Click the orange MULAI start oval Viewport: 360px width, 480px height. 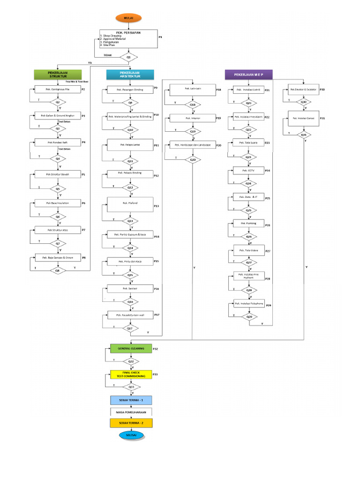tap(128, 18)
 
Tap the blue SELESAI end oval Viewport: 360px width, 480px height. tap(131, 435)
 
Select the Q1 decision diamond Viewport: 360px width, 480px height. tap(129, 57)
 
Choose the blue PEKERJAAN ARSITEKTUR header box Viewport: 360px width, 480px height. tap(130, 75)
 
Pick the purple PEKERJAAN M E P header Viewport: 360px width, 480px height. tap(248, 74)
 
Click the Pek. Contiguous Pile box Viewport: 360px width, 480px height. tap(58, 89)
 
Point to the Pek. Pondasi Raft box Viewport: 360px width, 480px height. tap(58, 142)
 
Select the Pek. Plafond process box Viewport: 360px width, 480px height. tap(130, 203)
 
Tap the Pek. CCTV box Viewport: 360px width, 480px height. tap(248, 171)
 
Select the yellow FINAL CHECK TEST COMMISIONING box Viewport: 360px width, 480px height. tap(131, 374)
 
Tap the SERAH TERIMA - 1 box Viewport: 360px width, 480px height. tap(131, 400)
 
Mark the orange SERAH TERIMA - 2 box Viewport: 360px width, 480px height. tap(131, 422)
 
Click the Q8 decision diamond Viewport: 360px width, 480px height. tap(58, 270)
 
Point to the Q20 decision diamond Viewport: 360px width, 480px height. tap(192, 160)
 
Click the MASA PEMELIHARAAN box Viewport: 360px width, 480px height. tap(131, 412)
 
